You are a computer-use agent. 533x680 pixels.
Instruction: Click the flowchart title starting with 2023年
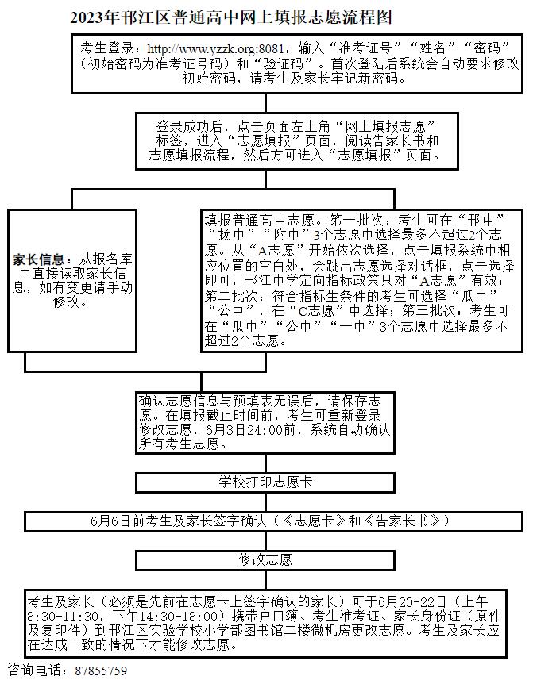click(230, 16)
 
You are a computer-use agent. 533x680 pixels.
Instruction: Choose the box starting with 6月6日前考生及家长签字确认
click(270, 521)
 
